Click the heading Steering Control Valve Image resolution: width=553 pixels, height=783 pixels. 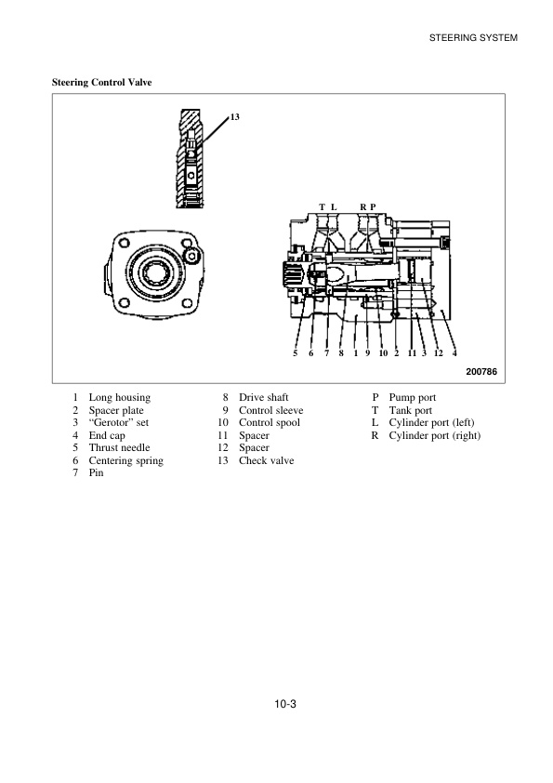102,83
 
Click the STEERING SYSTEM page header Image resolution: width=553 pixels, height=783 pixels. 472,37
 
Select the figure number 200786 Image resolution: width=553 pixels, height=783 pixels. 481,371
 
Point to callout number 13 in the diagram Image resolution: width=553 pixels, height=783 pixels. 234,117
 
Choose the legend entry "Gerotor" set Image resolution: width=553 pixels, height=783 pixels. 118,422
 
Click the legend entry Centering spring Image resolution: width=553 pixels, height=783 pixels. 125,460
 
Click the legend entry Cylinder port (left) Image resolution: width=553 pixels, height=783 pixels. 431,422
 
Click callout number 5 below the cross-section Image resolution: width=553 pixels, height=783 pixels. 295,353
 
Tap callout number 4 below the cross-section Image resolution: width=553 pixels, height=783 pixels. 454,353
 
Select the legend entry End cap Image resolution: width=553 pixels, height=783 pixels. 107,435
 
